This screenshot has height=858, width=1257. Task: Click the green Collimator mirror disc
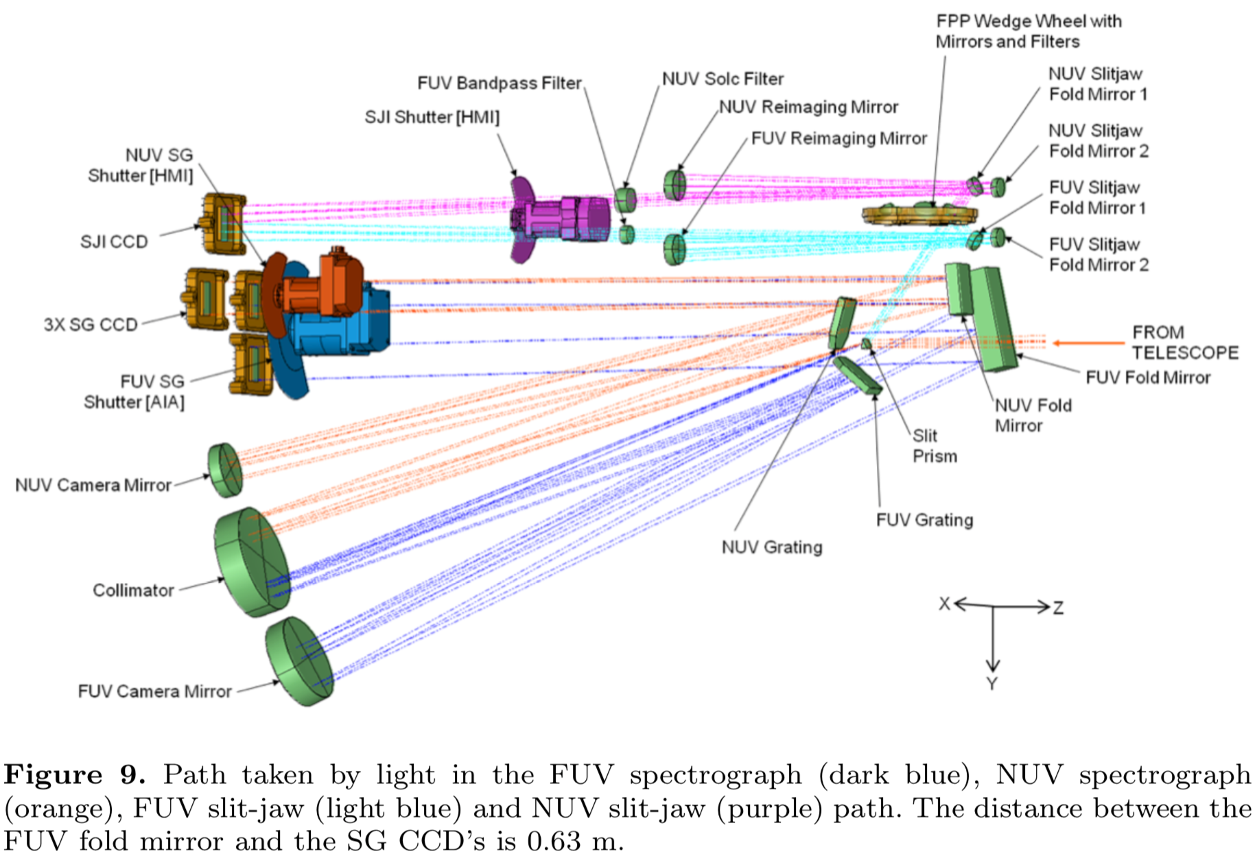coord(250,562)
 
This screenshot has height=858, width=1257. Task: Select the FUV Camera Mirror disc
coord(298,661)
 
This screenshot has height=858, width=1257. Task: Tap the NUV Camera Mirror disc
coord(225,470)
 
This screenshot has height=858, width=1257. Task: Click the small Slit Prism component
coord(867,343)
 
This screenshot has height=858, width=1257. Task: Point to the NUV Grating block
coord(842,323)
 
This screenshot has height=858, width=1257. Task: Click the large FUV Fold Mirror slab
coord(994,319)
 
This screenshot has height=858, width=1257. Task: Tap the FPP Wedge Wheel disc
coord(919,214)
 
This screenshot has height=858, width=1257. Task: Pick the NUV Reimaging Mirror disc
coord(675,184)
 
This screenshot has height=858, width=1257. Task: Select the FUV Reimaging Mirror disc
coord(674,248)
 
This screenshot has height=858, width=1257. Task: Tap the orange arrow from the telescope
coord(1088,342)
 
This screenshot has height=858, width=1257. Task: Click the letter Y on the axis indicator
coord(991,683)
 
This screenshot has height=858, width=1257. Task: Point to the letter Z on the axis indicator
coord(1058,608)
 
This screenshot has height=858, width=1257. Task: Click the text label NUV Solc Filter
coord(723,79)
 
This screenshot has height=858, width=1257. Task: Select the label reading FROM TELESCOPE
coord(1184,342)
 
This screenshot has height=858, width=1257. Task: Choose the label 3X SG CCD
coord(91,324)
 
